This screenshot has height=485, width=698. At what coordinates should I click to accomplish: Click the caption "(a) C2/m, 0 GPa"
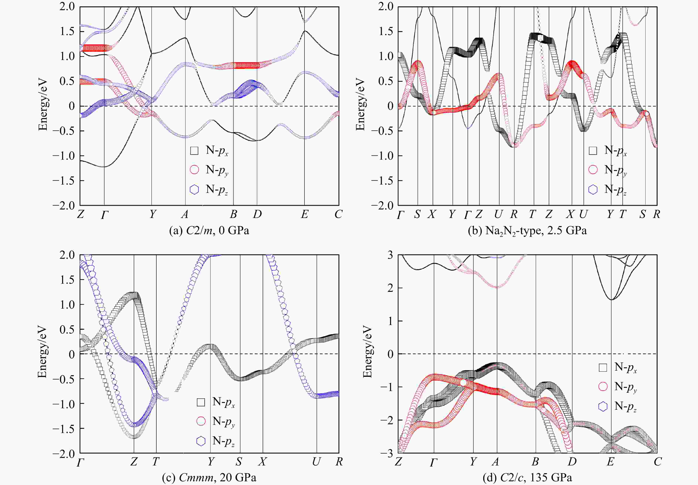[209, 231]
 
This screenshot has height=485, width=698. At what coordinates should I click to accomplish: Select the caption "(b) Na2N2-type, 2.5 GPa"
[527, 231]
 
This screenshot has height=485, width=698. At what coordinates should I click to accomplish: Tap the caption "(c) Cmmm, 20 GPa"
[209, 478]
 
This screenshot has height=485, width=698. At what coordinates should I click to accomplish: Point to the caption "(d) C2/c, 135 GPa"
[527, 478]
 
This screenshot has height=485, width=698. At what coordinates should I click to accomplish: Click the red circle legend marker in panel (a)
[194, 170]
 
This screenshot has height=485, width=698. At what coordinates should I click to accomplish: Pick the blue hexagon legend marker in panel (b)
[593, 189]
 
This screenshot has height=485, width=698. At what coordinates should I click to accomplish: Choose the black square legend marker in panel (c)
[201, 402]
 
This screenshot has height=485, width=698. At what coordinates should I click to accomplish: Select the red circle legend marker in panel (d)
[603, 386]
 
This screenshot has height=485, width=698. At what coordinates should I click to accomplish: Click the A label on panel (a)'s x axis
[185, 215]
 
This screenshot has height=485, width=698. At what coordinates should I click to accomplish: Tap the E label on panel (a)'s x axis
[304, 215]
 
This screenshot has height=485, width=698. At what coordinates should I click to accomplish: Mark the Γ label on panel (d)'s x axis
[434, 462]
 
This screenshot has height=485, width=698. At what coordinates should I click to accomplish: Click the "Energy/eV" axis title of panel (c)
[42, 352]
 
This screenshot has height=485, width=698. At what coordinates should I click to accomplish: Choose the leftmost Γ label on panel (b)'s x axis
[401, 215]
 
